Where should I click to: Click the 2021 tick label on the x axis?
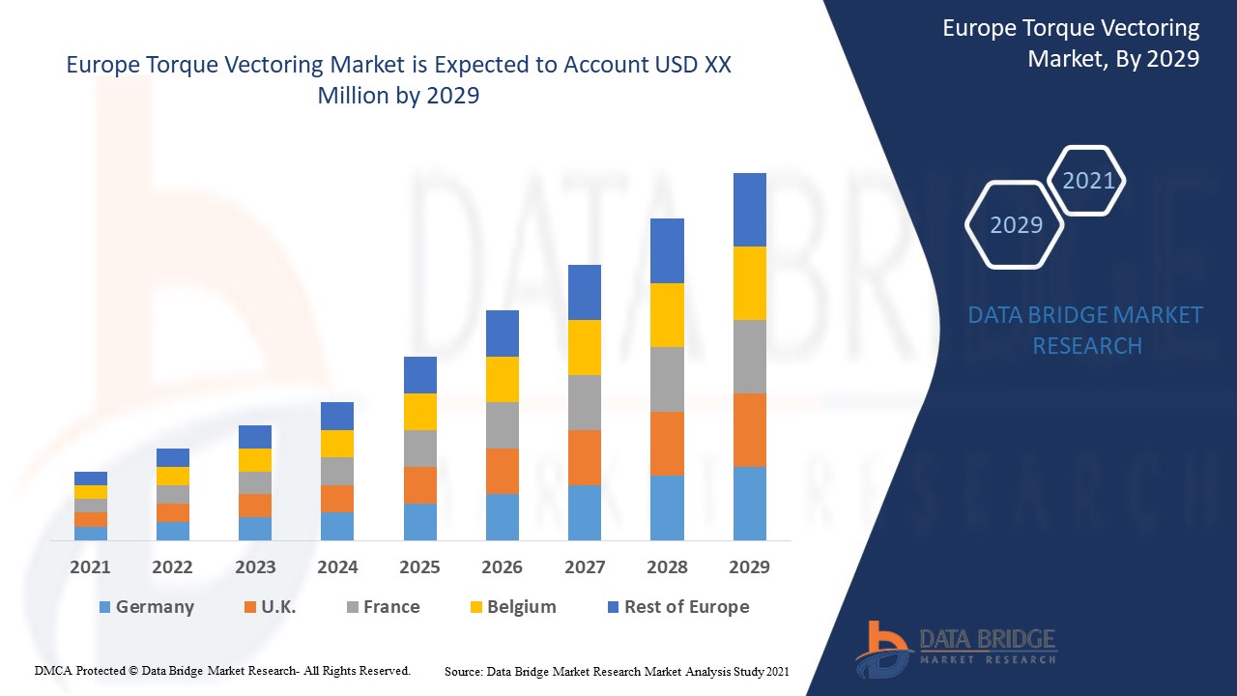point(90,566)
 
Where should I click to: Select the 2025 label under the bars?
point(419,566)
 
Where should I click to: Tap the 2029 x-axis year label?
point(749,566)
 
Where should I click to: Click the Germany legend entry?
point(146,607)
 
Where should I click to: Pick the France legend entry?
point(383,607)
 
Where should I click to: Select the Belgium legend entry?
point(512,607)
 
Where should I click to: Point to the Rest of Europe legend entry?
point(677,607)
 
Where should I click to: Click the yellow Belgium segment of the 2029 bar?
point(749,283)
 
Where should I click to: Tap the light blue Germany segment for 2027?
point(585,512)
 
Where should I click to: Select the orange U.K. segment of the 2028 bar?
point(667,444)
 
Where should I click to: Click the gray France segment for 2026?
point(502,425)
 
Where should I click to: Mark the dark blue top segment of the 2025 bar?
point(419,375)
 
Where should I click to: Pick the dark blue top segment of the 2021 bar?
point(90,478)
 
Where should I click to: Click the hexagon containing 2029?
point(1015,224)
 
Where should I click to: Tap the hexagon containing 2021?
point(1087,181)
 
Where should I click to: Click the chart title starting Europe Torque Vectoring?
point(398,80)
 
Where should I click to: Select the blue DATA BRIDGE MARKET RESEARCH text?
point(1085,330)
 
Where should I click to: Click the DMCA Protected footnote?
point(223,670)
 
